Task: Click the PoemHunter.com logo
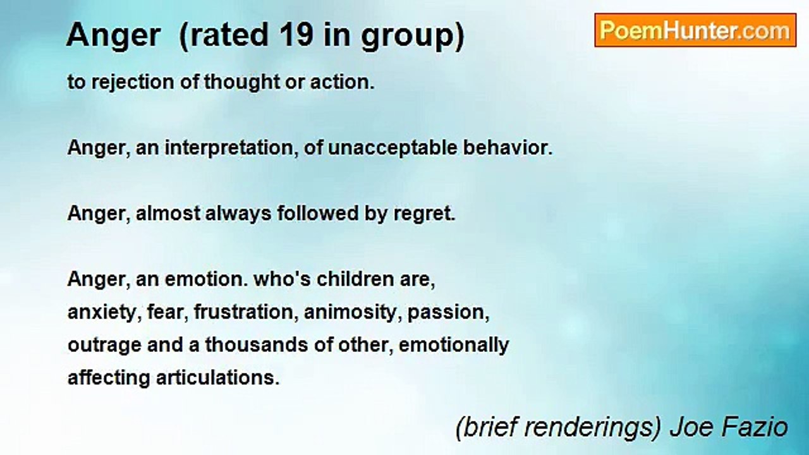(x=695, y=30)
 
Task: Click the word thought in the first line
(x=243, y=83)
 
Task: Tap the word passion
(x=448, y=313)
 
